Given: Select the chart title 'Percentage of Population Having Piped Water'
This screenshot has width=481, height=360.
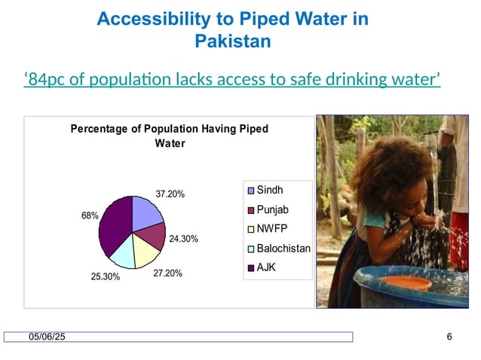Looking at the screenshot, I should [x=169, y=136].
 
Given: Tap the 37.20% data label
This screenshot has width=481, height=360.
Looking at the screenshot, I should [x=170, y=194].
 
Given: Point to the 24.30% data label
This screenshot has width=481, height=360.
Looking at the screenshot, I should [x=183, y=239].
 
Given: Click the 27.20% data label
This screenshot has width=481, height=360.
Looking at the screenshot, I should [x=167, y=273].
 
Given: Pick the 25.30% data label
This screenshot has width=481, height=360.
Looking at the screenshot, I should [x=106, y=277].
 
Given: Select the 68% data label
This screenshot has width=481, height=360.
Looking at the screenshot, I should [x=90, y=215].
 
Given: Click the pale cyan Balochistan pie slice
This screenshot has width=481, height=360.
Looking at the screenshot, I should [x=121, y=256].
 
